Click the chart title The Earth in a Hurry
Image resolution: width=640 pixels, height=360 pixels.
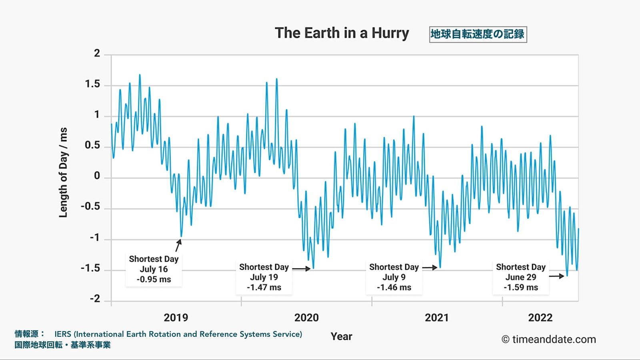342,33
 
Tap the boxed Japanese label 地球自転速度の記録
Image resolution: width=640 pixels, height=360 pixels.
478,34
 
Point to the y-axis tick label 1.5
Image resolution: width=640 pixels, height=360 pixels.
92,84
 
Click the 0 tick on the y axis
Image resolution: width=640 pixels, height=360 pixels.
97,176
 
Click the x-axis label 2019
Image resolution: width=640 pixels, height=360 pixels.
176,318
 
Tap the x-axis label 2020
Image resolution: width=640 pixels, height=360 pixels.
306,318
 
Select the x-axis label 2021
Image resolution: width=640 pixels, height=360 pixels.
437,318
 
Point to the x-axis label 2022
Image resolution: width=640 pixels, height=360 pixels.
540,318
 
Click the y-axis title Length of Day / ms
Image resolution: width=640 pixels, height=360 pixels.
63,173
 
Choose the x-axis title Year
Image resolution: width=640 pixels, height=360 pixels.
341,336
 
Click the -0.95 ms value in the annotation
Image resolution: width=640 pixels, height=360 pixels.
154,280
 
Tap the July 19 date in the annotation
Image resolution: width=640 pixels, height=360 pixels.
264,277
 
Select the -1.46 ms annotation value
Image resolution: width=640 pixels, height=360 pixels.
394,288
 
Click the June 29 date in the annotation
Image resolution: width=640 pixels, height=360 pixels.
521,277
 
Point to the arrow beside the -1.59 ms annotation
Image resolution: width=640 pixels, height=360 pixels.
556,276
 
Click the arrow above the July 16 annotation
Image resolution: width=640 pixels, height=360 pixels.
178,245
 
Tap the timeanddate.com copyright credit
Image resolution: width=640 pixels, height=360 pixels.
549,340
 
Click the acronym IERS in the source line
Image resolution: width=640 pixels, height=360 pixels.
63,334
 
